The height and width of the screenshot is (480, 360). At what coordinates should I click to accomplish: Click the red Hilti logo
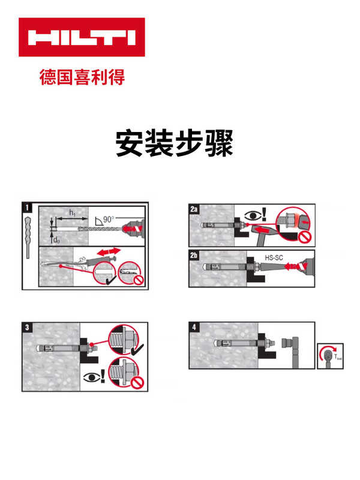tap(82, 37)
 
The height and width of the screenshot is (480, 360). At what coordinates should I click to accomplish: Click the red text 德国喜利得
tap(82, 77)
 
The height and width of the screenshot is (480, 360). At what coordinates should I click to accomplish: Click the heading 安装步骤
tap(174, 143)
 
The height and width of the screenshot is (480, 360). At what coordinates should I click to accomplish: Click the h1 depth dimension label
tap(73, 212)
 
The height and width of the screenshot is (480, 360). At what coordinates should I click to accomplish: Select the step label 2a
tap(194, 209)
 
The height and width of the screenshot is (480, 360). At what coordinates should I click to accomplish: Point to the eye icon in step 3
tap(91, 378)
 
